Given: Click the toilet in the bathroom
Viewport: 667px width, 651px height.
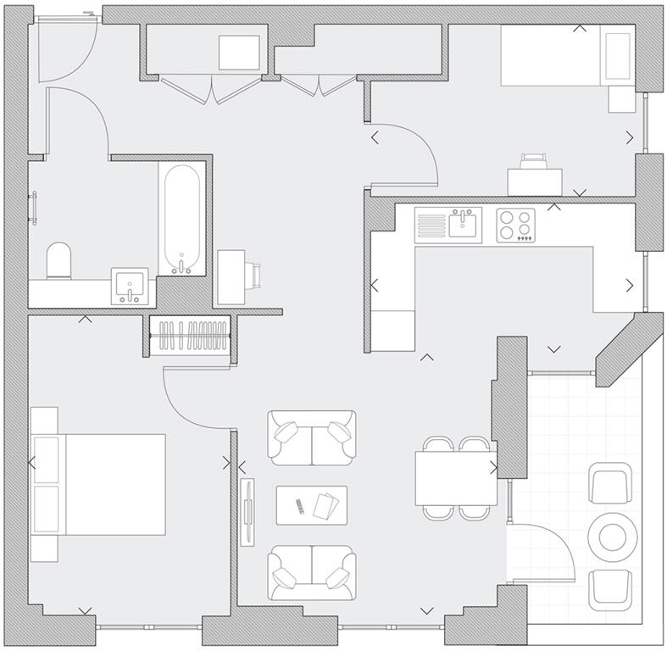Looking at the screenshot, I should click(x=59, y=262).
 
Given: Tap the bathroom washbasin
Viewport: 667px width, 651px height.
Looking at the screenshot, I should click(x=130, y=287).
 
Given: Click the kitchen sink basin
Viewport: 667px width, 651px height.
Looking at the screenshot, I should click(x=463, y=224).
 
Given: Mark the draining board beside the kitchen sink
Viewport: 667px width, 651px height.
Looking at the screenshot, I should click(x=431, y=225).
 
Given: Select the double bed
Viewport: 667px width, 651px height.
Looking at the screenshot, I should click(x=100, y=484).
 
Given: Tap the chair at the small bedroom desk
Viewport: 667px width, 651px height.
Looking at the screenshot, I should click(x=534, y=160).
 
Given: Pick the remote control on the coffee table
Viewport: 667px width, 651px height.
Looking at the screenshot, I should click(x=298, y=507).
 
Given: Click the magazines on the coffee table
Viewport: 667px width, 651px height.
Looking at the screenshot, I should click(x=325, y=505).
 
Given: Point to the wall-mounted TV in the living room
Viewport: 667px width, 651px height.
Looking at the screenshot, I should click(x=247, y=512).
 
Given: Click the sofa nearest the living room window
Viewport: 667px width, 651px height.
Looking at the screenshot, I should click(x=311, y=573).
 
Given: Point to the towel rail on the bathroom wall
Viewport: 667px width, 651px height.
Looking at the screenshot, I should click(x=35, y=209).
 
